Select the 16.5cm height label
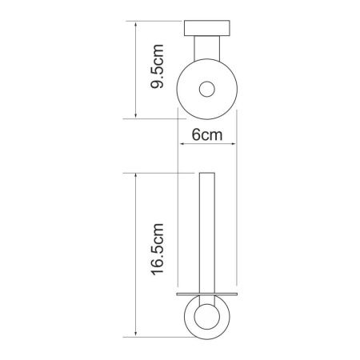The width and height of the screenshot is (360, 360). pos(157,250)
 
